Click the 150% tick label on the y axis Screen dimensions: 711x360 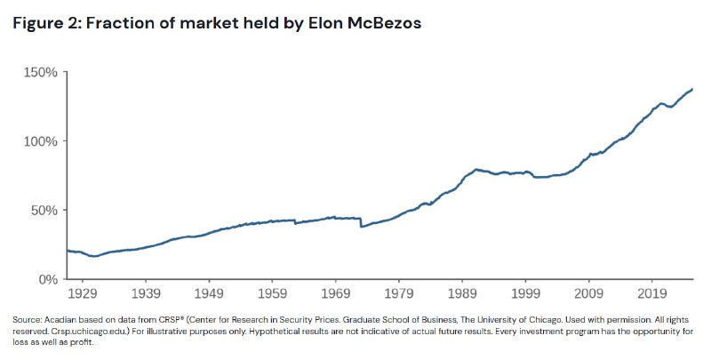tap(41, 73)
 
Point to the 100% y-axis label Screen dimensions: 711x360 tap(41, 141)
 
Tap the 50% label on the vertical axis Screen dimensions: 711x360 tap(44, 211)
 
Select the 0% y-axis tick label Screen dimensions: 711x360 tap(48, 279)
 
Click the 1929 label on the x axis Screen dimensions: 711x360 tap(82, 293)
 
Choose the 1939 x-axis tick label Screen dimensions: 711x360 tap(146, 293)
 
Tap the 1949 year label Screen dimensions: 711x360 tap(209, 293)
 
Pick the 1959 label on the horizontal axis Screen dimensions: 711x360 tap(272, 293)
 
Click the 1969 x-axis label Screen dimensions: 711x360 tap(336, 293)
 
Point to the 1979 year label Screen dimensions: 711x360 tap(399, 293)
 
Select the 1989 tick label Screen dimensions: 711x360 tap(462, 293)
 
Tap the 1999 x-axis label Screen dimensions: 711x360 tap(525, 293)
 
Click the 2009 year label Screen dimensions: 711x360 tap(588, 293)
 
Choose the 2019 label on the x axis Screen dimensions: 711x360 tap(652, 293)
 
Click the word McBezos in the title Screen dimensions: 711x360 tap(384, 23)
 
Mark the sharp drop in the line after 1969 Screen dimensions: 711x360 tap(361, 222)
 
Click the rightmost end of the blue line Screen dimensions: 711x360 tap(692, 89)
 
